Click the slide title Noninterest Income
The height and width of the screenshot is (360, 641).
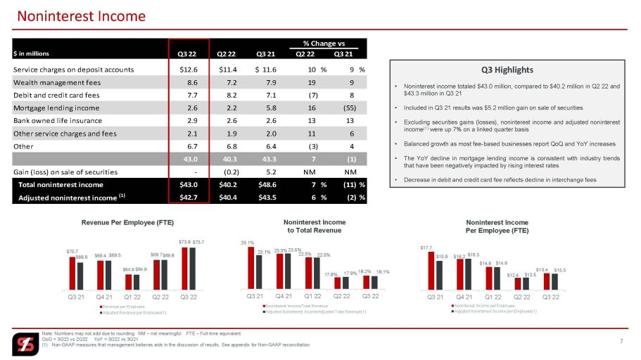click(82, 15)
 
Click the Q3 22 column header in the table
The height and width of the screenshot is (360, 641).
click(188, 54)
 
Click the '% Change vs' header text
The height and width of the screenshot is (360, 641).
click(328, 44)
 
